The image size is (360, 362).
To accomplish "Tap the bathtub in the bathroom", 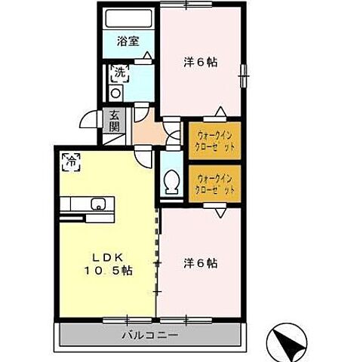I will pyautogui.click(x=128, y=20).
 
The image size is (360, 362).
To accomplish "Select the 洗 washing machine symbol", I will pyautogui.click(x=120, y=73).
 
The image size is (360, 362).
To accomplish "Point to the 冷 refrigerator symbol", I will pyautogui.click(x=72, y=161).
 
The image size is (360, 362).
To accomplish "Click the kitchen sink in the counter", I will pyautogui.click(x=97, y=204).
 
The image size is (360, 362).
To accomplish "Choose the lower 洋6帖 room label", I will pyautogui.click(x=201, y=264).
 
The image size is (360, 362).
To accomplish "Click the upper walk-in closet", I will pyautogui.click(x=214, y=140).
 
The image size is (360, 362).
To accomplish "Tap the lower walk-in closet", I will pyautogui.click(x=214, y=183).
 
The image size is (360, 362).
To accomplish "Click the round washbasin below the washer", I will pyautogui.click(x=115, y=93).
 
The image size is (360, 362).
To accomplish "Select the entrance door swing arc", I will pyautogui.click(x=91, y=121).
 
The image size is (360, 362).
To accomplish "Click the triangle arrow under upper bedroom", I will pyautogui.click(x=218, y=110).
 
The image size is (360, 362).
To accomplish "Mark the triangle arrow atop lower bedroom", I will pyautogui.click(x=218, y=213).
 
